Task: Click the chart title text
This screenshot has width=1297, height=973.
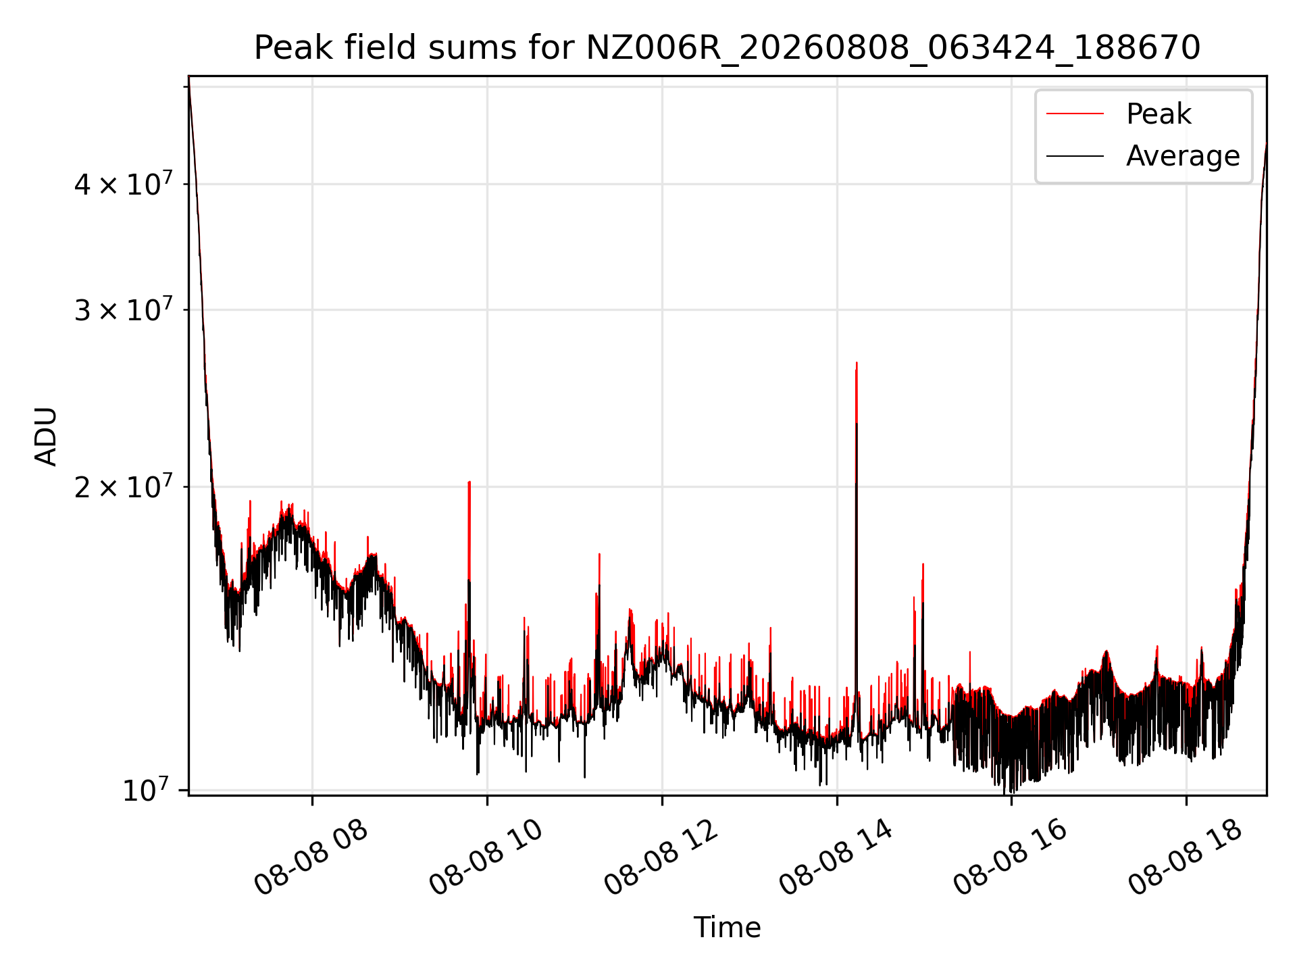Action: [727, 48]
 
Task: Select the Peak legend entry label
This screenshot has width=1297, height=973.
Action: [1159, 114]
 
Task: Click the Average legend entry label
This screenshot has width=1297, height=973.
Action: [1183, 156]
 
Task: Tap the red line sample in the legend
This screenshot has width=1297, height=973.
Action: [1075, 114]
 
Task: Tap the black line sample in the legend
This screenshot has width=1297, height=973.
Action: [1075, 156]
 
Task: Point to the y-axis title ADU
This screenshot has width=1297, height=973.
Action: [46, 436]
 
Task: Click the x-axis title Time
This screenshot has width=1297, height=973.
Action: [727, 927]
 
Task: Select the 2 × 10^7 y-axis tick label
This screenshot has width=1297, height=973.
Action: [123, 486]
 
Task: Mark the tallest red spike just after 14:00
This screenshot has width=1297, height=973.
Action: [857, 363]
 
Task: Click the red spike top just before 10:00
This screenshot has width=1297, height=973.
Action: [469, 482]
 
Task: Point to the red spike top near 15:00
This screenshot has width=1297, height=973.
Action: [923, 564]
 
